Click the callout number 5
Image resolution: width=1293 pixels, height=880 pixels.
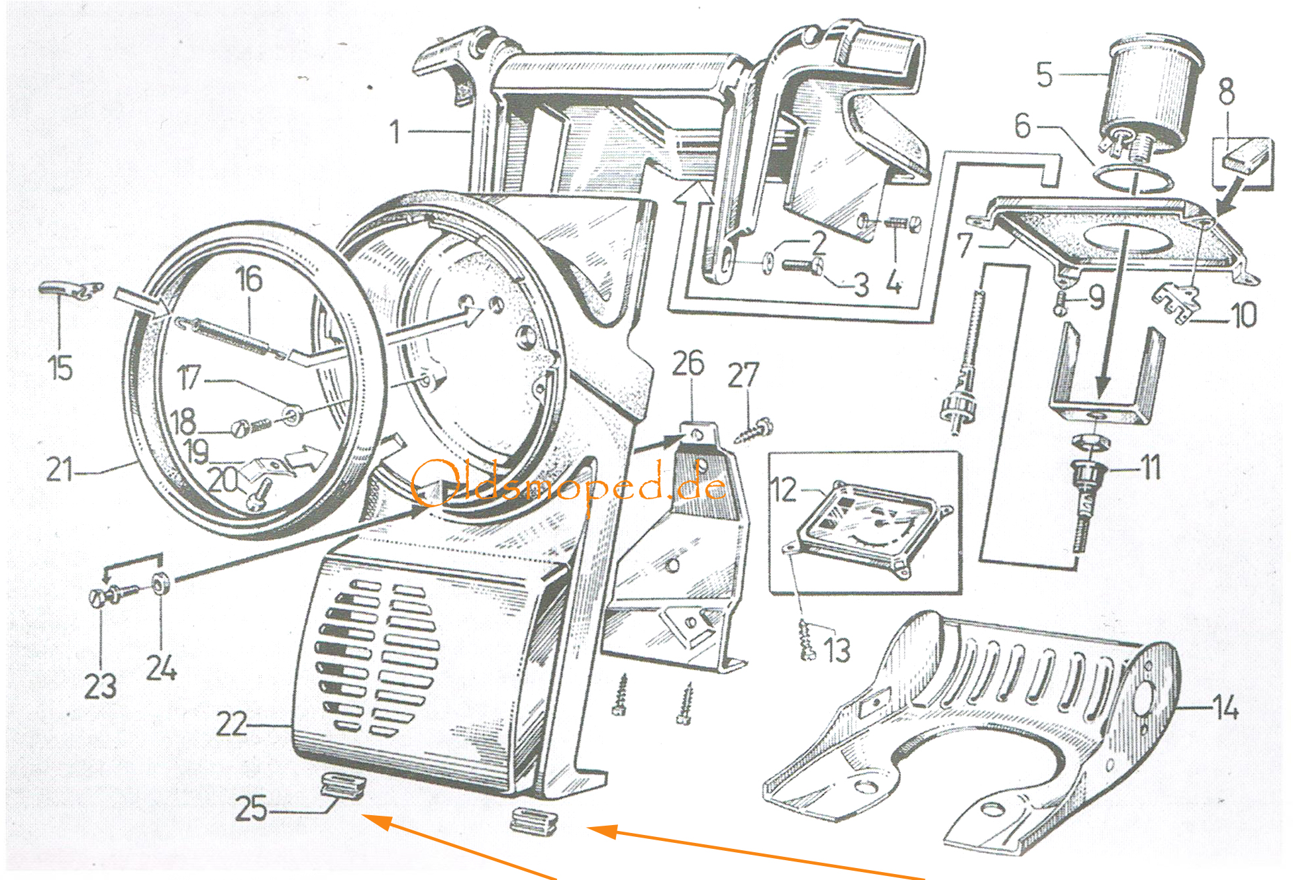[x=1045, y=74]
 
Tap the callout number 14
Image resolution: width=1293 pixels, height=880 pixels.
[x=1225, y=708]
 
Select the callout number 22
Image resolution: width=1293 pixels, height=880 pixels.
[x=231, y=724]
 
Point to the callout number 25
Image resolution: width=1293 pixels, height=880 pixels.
[x=251, y=808]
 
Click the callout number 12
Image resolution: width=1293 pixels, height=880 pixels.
[x=784, y=491]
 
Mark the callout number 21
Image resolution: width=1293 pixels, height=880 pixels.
[x=60, y=469]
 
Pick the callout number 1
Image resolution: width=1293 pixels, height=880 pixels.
[x=395, y=131]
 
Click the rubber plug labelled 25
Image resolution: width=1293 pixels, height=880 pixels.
[x=340, y=786]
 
